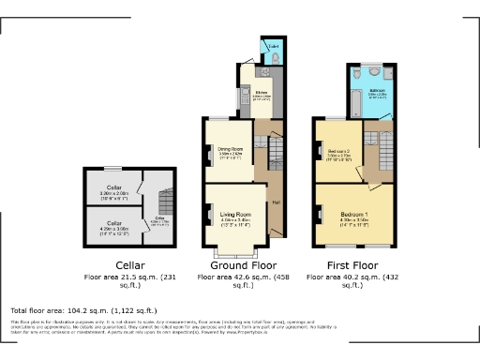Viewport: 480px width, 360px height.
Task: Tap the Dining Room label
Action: (231, 149)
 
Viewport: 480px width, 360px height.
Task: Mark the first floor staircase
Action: (384, 145)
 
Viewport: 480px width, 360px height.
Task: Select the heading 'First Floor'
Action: (350, 265)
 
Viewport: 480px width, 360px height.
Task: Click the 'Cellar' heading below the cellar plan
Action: (128, 265)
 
